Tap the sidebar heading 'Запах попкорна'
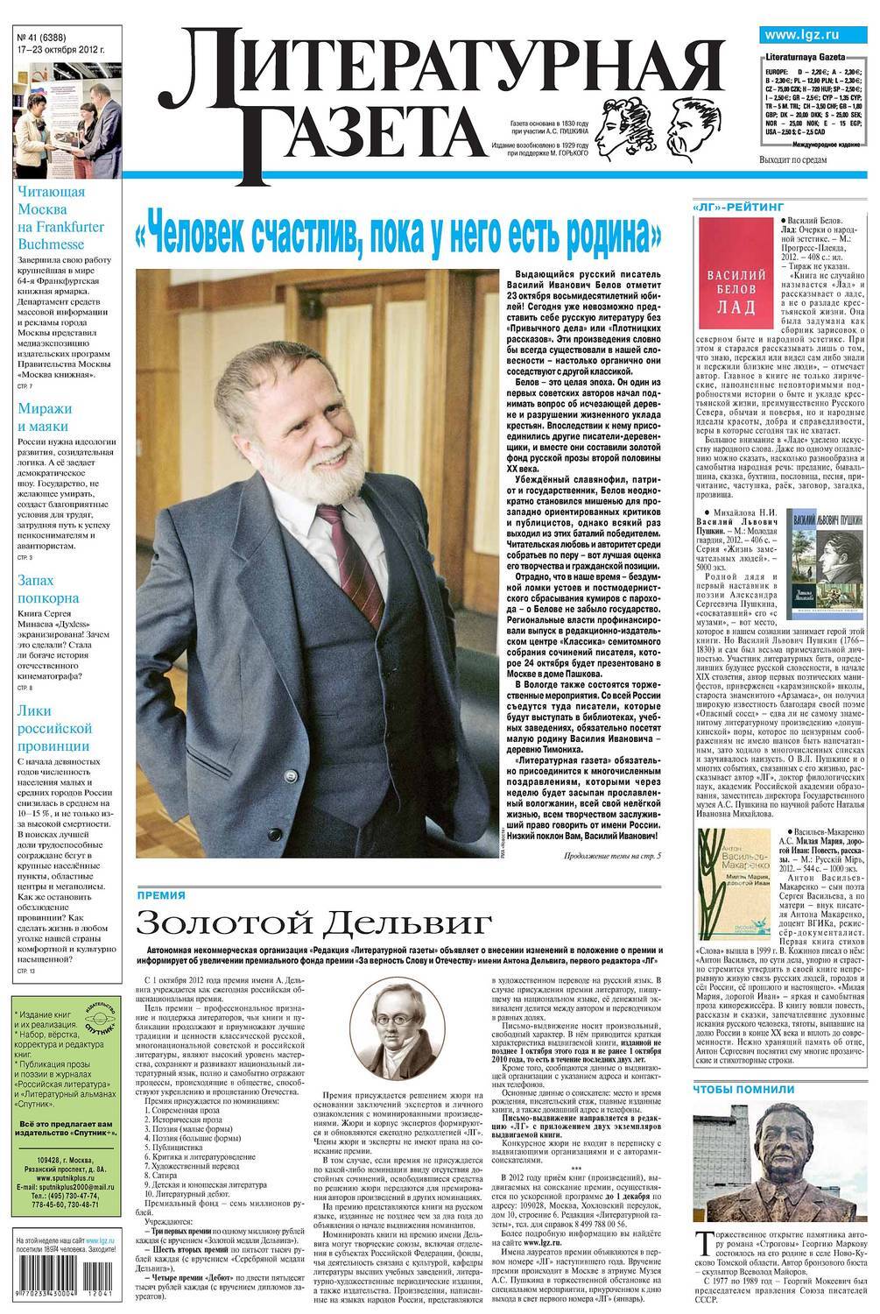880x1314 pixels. tap(48, 590)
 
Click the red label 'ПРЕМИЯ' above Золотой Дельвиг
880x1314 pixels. tap(160, 894)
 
